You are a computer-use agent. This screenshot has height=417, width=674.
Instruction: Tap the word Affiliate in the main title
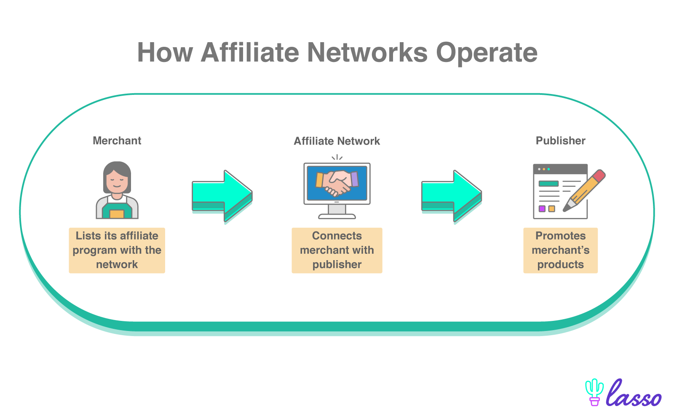pyautogui.click(x=250, y=52)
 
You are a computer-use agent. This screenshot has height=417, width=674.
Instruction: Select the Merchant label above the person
pyautogui.click(x=117, y=140)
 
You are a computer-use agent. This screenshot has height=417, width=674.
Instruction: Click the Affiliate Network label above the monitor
pyautogui.click(x=337, y=141)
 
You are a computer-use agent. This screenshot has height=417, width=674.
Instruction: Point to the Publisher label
pyautogui.click(x=560, y=140)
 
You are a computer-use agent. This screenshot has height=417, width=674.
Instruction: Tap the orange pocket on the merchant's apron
pyautogui.click(x=117, y=214)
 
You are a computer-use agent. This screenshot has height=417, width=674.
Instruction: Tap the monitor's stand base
pyautogui.click(x=337, y=216)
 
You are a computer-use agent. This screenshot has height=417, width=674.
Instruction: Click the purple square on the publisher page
pyautogui.click(x=542, y=209)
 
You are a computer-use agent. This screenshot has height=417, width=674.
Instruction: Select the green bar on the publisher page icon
pyautogui.click(x=548, y=183)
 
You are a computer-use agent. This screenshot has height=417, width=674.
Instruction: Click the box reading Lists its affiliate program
pyautogui.click(x=117, y=250)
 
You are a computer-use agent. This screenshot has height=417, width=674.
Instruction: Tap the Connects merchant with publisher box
pyautogui.click(x=337, y=250)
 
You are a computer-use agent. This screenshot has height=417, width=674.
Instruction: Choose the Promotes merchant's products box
pyautogui.click(x=560, y=250)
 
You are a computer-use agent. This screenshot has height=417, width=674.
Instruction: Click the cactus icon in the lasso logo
pyautogui.click(x=594, y=392)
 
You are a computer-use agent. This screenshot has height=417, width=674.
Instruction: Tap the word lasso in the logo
pyautogui.click(x=634, y=393)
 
